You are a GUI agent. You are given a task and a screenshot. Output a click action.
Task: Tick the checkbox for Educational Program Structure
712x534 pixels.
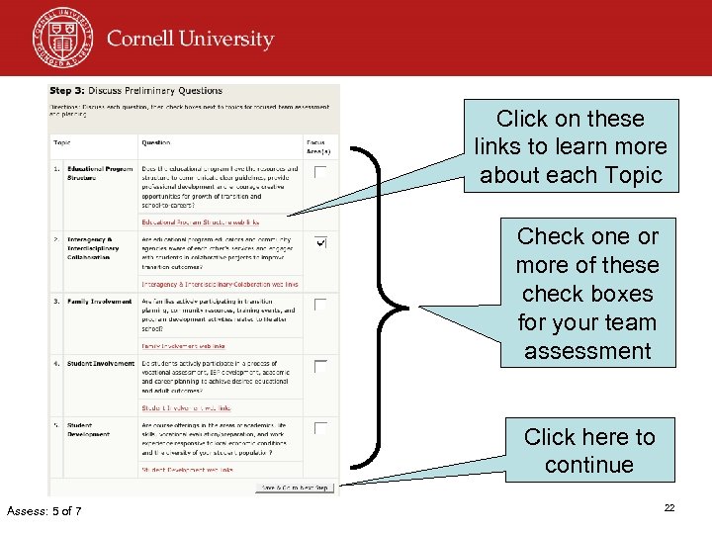click(x=320, y=173)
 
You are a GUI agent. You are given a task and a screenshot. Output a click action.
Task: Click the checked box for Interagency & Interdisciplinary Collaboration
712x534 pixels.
click(x=320, y=242)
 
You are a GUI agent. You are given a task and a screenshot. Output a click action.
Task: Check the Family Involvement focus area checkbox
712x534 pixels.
click(x=320, y=305)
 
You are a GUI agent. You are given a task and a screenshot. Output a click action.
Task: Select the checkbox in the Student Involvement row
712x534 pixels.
click(x=320, y=367)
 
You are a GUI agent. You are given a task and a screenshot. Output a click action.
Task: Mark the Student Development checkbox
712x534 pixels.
click(x=320, y=429)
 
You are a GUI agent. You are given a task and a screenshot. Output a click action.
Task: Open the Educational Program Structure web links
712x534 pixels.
click(x=200, y=222)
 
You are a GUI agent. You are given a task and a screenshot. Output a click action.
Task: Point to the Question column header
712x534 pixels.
click(x=156, y=142)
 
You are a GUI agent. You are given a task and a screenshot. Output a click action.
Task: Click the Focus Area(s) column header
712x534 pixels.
click(x=316, y=145)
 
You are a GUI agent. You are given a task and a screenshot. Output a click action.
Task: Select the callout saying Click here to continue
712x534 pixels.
click(x=589, y=450)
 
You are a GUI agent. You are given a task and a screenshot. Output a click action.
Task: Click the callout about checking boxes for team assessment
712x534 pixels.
click(x=587, y=294)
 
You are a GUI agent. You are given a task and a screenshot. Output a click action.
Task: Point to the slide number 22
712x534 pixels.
click(x=668, y=507)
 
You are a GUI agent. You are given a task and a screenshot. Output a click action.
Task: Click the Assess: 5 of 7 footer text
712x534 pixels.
click(x=44, y=510)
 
